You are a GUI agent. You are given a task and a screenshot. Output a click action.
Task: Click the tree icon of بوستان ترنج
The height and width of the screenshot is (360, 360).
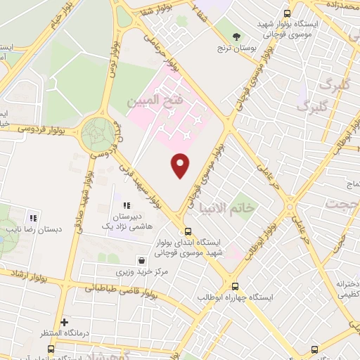click(237, 37)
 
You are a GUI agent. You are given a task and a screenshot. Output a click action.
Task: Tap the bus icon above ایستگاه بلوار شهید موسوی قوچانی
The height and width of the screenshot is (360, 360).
click(286, 13)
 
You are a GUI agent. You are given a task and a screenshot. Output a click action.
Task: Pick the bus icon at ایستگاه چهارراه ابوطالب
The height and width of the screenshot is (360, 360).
click(235, 286)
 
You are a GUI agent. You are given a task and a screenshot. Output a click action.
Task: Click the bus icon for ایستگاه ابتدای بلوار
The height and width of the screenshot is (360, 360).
click(187, 231)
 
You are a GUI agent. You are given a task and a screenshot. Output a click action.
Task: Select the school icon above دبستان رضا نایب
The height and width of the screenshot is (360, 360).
click(32, 217)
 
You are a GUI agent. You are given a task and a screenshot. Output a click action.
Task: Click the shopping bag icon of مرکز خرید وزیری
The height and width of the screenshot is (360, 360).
click(143, 259)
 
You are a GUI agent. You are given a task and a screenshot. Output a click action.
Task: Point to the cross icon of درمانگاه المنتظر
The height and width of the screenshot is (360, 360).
click(64, 323)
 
